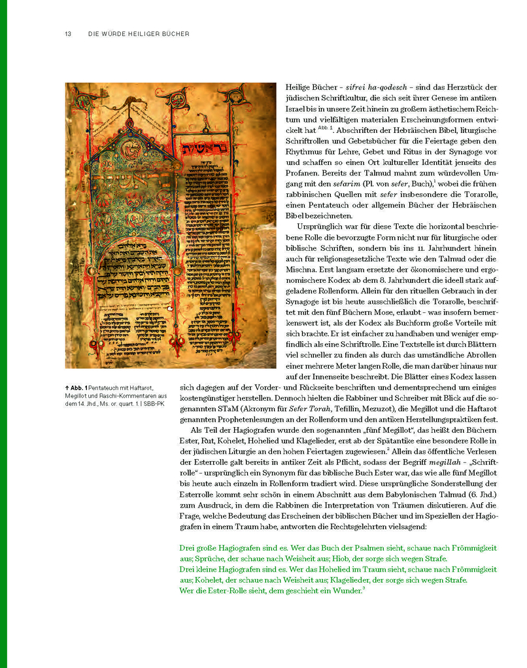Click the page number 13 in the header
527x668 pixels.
(x=68, y=34)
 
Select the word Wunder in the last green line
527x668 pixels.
(x=345, y=591)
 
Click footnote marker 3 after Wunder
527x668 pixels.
(x=363, y=588)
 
